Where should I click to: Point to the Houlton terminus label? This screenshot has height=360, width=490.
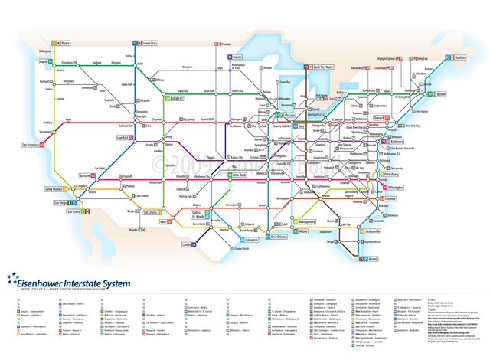coord(459,57)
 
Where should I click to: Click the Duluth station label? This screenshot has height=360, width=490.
coord(237,57)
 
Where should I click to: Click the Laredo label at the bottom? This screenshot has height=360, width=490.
coord(187,244)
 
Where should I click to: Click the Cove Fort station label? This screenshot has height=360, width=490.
coord(123,138)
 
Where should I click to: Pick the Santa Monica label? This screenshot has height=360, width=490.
coord(53,188)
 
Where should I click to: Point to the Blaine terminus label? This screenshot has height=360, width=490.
coord(65,43)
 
